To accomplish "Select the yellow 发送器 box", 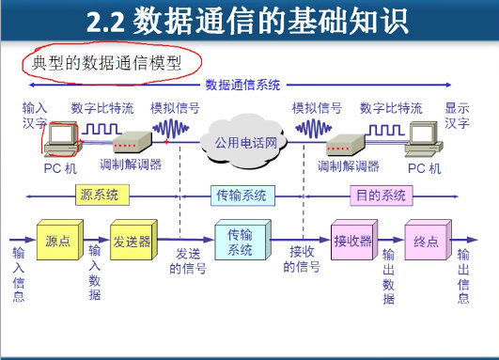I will coord(131,242).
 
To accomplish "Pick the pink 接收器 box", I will coord(352,242).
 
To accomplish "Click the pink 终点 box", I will coord(426,242).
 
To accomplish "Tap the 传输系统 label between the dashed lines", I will coord(242,196).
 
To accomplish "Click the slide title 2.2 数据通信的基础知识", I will coord(250,21).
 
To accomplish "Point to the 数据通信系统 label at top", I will coord(242,86).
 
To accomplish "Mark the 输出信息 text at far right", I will coord(463,275).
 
